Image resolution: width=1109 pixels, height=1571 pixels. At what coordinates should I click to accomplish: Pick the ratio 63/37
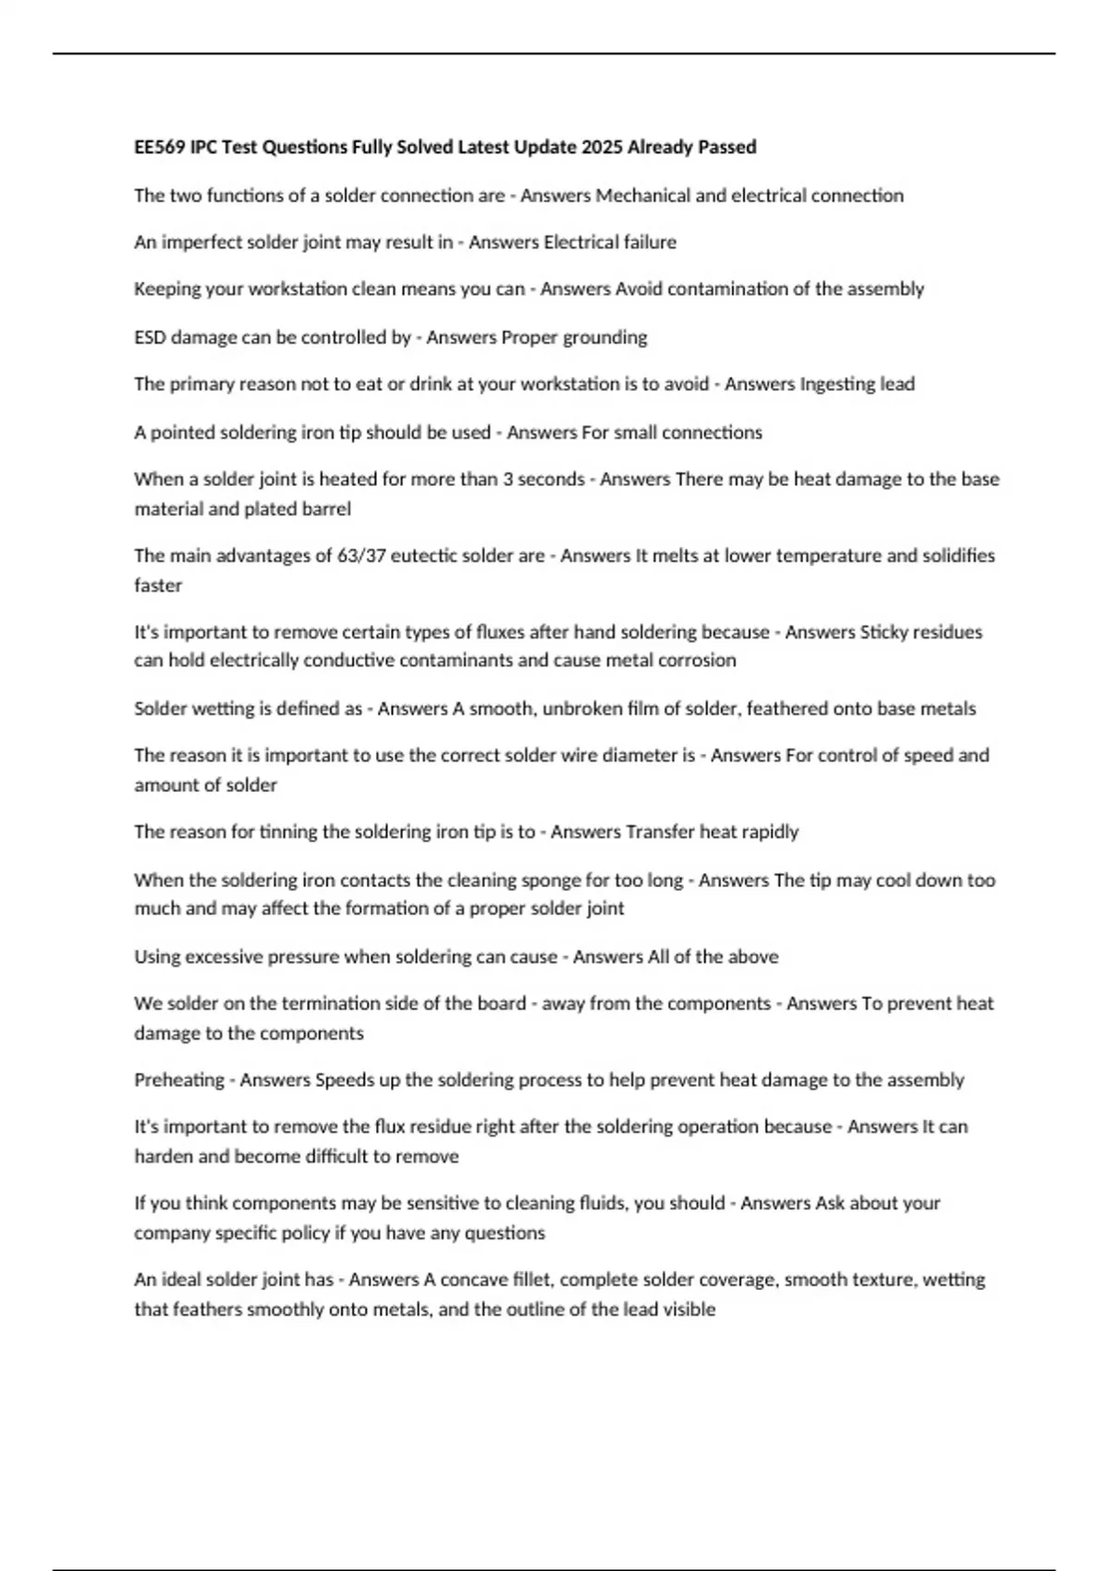[363, 555]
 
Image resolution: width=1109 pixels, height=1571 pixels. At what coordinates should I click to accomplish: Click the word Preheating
[179, 1079]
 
